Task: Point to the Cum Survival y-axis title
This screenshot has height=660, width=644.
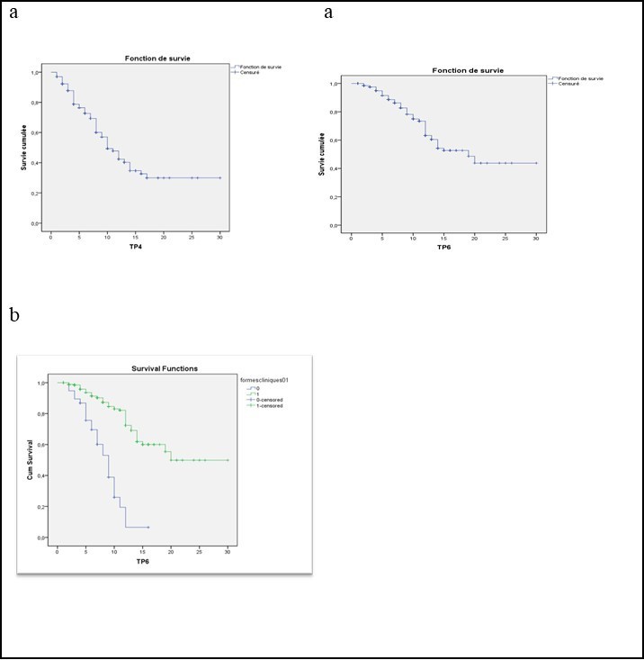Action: [x=30, y=460]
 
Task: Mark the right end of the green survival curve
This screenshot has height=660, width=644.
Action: [x=228, y=460]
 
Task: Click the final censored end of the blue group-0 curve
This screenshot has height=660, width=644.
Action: [x=148, y=527]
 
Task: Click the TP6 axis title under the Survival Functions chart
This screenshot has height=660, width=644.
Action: [x=142, y=561]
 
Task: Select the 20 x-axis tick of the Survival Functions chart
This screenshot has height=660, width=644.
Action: [x=171, y=548]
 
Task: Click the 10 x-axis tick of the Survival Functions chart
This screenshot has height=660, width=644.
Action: [x=114, y=548]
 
